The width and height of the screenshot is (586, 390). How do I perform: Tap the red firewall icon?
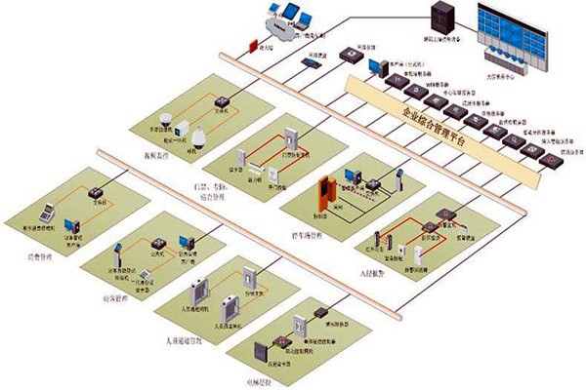pyautogui.click(x=253, y=46)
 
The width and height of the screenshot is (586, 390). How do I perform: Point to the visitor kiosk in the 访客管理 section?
pyautogui.click(x=118, y=252)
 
